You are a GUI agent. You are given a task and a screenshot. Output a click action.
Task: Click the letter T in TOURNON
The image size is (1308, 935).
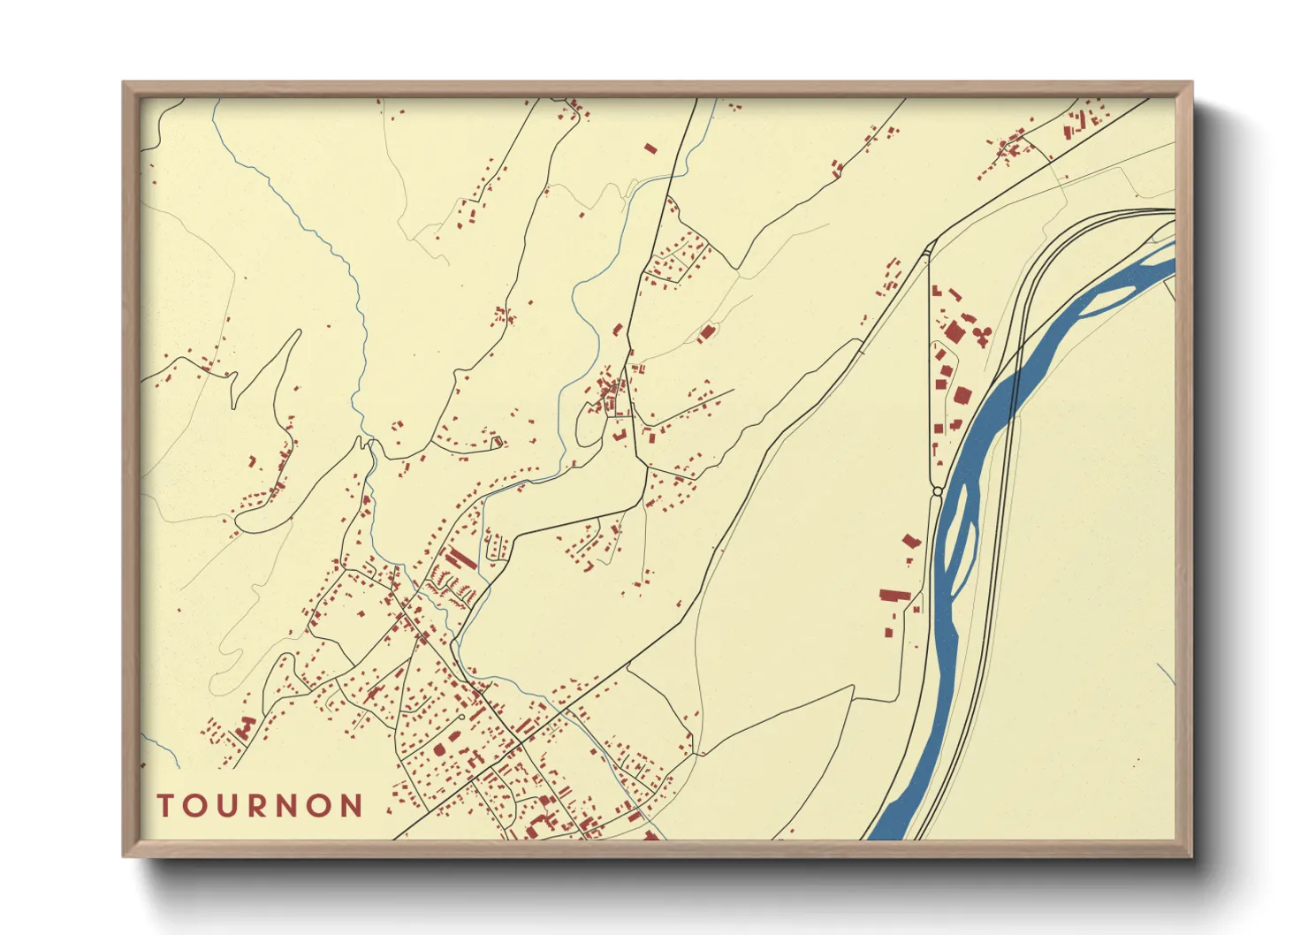coord(165,806)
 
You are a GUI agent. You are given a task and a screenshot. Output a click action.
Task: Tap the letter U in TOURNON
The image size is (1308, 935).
coord(227,806)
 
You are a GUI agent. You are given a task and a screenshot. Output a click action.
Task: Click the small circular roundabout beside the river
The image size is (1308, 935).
coord(937,490)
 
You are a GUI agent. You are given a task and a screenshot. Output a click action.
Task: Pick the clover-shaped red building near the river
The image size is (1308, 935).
coord(980,334)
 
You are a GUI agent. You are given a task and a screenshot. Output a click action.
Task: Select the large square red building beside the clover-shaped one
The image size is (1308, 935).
coord(954,332)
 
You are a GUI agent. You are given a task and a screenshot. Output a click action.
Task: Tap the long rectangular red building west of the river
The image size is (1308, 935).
coord(894,595)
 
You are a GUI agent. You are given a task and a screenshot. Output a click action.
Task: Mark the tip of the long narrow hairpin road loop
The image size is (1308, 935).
coord(297,333)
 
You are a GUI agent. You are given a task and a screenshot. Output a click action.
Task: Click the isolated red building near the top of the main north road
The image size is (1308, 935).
coord(651,148)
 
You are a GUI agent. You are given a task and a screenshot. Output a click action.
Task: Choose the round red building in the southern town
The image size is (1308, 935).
coord(439,749)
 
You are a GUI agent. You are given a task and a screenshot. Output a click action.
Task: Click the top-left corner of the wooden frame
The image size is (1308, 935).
coord(124,83)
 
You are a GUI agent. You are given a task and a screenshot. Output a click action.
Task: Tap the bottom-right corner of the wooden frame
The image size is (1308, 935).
coord(1191,856)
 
